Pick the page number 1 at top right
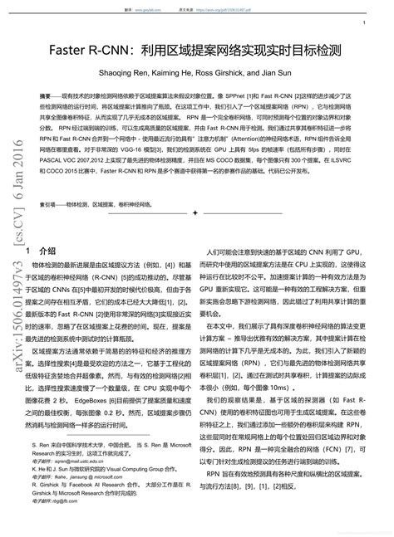[x=365, y=24]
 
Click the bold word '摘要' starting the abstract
[x=46, y=97]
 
